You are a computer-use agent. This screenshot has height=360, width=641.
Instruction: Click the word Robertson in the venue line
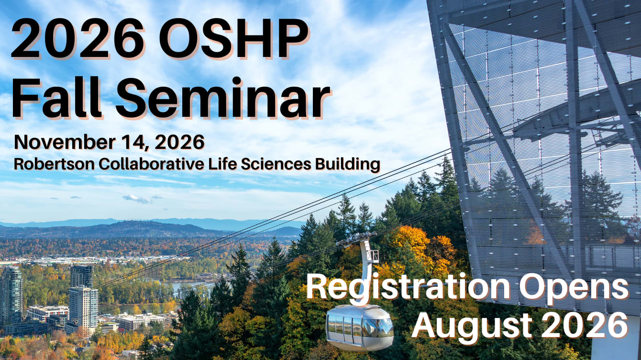pos(55,164)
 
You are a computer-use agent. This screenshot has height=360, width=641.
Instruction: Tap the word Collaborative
pos(151,164)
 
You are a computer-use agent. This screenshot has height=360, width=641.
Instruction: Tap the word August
pos(472,326)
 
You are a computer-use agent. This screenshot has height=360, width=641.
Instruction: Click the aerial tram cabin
pos(360,327)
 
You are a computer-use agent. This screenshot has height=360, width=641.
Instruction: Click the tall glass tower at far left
pos(11,295)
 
